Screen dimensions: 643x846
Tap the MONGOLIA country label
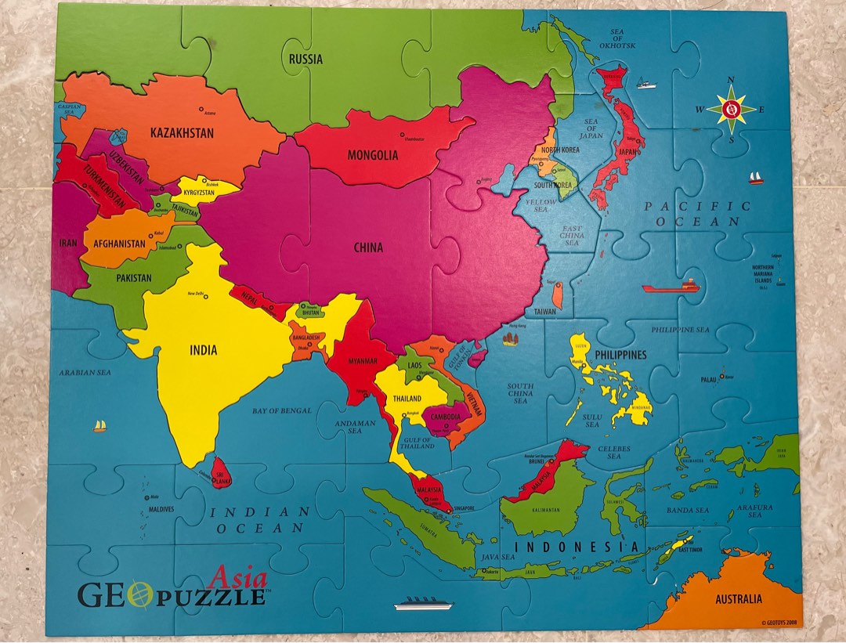pyautogui.click(x=373, y=155)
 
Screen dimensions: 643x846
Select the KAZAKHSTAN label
pyautogui.click(x=182, y=133)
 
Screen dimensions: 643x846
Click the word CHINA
pyautogui.click(x=368, y=247)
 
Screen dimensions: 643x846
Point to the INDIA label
pyautogui.click(x=203, y=350)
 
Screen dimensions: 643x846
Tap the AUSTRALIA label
pyautogui.click(x=738, y=599)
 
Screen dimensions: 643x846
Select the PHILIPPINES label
pyautogui.click(x=620, y=355)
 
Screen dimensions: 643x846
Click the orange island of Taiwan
pyautogui.click(x=557, y=295)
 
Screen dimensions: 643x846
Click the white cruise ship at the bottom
pyautogui.click(x=422, y=605)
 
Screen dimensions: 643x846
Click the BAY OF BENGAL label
pyautogui.click(x=282, y=410)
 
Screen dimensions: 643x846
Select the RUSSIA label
pyautogui.click(x=305, y=59)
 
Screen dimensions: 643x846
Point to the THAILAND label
pyautogui.click(x=408, y=399)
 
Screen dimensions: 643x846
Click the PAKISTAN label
pyautogui.click(x=134, y=278)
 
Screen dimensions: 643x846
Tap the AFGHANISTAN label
pyautogui.click(x=120, y=244)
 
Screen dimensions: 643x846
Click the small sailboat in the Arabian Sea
pyautogui.click(x=99, y=426)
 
